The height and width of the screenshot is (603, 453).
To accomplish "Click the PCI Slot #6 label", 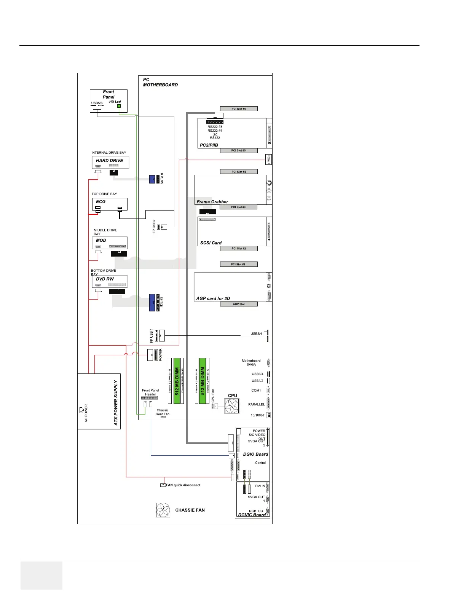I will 239,109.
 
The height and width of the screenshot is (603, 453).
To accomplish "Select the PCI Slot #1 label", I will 238,264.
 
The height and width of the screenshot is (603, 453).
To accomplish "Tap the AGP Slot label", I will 239,304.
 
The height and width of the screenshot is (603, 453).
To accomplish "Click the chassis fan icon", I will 163,510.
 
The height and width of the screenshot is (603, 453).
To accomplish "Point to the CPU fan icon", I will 232,406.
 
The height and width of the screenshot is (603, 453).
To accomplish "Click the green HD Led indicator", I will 119,106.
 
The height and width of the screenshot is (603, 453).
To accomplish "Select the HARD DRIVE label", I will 109,161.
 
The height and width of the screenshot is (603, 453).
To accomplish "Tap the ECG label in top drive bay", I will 101,202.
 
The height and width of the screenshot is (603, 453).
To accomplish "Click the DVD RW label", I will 105,279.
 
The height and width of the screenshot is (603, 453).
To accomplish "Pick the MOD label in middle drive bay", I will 101,241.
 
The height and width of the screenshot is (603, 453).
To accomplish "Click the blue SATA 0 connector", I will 152,179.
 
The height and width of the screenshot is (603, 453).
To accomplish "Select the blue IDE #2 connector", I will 152,302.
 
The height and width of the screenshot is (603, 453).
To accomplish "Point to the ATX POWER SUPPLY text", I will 116,402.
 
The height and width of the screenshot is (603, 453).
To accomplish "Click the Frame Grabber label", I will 212,202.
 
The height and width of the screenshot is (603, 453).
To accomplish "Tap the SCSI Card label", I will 211,243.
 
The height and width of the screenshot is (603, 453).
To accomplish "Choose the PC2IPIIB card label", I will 209,145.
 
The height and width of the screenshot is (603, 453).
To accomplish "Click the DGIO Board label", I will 255,454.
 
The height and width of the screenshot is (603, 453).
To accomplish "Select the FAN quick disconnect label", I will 183,485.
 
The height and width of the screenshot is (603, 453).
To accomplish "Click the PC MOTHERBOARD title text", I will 160,82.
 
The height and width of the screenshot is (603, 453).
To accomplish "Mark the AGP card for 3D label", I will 213,298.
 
